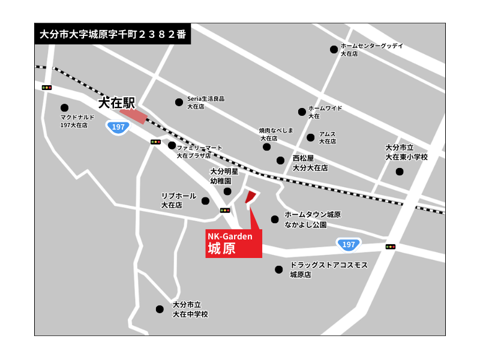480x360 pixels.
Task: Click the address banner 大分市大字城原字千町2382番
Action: (112, 34)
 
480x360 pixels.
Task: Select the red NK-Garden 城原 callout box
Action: (233, 243)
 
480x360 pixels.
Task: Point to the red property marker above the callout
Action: (251, 197)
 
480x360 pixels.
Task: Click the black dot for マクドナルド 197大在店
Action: (64, 108)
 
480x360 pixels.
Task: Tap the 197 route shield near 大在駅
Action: (118, 127)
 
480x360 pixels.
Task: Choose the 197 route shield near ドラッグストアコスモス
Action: (349, 244)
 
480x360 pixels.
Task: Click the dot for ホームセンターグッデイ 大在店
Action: (334, 50)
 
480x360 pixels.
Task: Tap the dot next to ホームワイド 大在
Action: (302, 112)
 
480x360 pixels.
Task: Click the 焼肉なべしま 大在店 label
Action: (276, 134)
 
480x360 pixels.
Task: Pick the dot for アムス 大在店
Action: (311, 137)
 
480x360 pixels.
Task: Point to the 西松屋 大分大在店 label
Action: (310, 163)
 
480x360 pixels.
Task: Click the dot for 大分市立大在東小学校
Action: (400, 172)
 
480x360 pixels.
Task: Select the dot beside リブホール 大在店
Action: (205, 201)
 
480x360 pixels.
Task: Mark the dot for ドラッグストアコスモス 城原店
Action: (278, 269)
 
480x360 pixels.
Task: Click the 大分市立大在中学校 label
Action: (190, 309)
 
